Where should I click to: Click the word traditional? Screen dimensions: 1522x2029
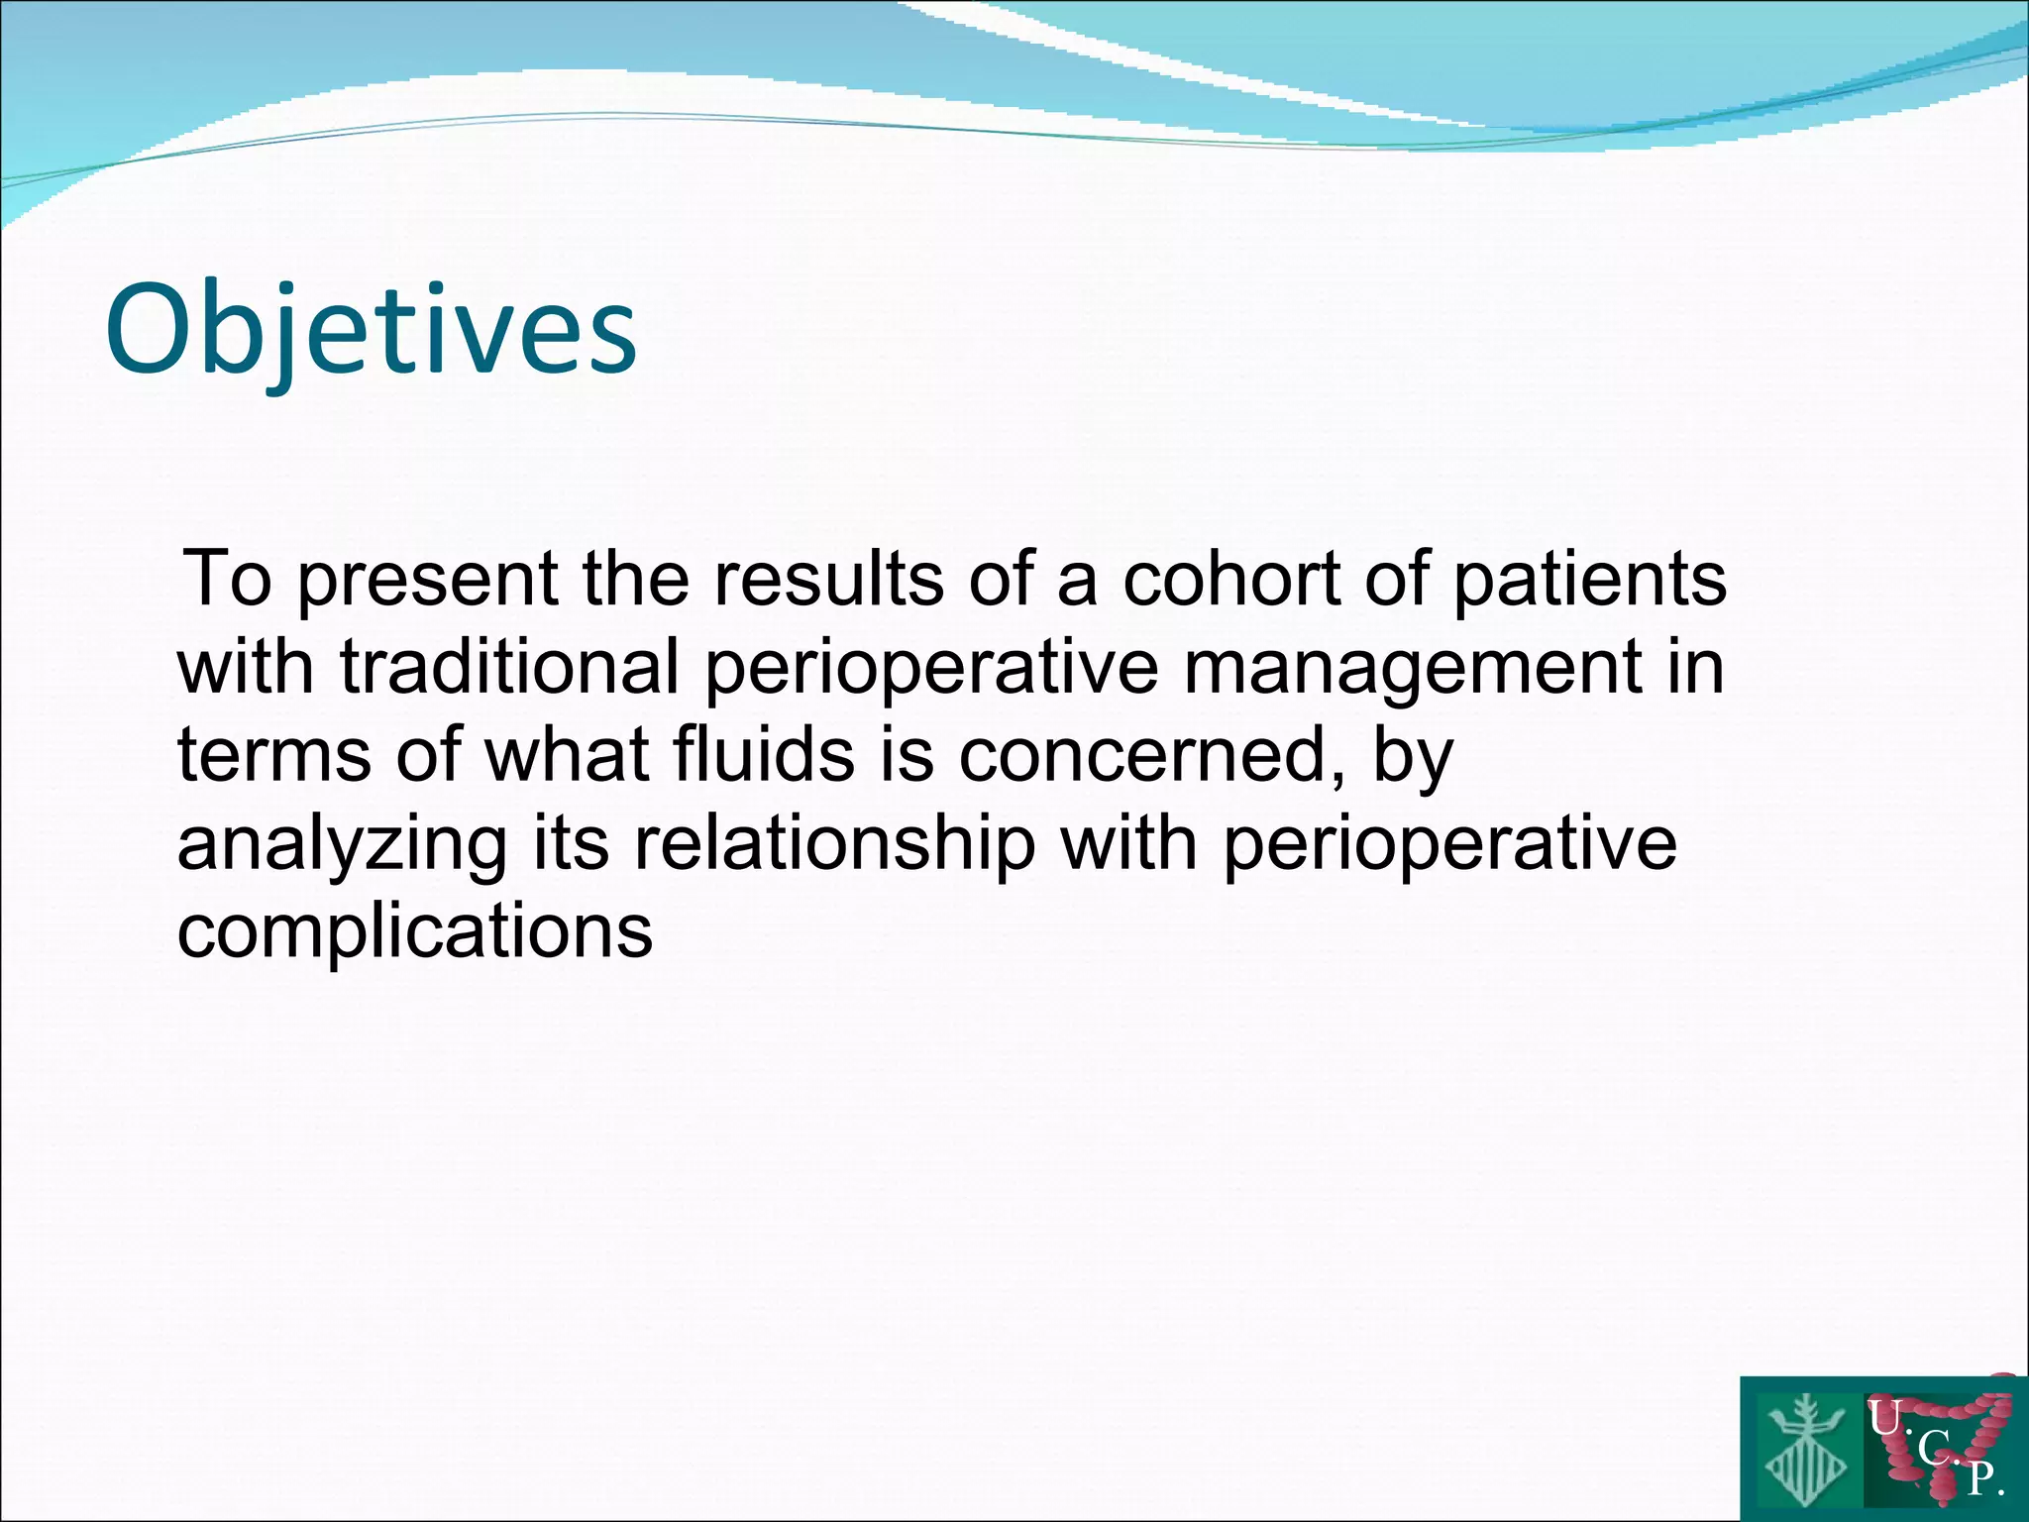point(509,666)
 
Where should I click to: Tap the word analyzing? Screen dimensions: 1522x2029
point(342,843)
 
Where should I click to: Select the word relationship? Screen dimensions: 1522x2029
point(834,843)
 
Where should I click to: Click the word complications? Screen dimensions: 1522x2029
point(415,931)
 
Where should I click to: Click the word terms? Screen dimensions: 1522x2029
point(274,754)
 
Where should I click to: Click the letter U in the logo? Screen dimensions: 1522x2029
point(1883,1419)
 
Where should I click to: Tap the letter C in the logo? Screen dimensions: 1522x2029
point(1933,1450)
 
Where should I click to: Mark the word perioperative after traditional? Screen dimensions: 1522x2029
point(931,666)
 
